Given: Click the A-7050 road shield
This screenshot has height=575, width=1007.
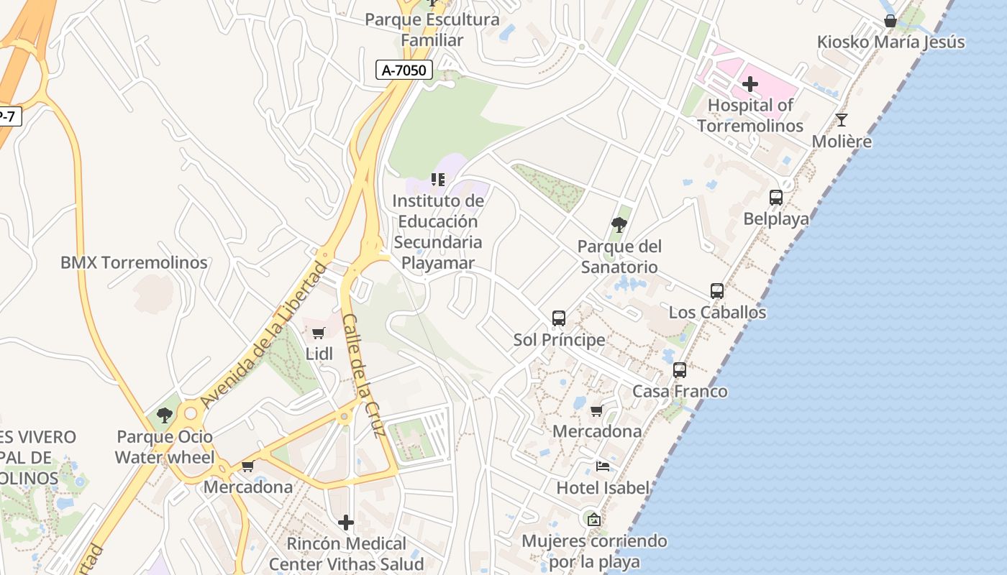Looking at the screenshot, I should coord(404,70).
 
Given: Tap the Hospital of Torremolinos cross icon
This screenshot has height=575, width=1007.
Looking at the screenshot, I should coord(749,85).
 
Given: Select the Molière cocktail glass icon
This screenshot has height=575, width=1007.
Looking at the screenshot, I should coord(841,120).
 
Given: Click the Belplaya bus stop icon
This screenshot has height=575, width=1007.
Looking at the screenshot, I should coord(775,198).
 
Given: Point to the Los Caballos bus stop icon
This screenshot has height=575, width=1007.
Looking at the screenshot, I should coord(717,291).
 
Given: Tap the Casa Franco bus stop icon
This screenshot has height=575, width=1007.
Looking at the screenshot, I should coord(680,370).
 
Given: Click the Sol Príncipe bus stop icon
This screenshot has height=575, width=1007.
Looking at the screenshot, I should coord(559,318).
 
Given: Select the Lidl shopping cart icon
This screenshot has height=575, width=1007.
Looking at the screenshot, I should coord(319,333).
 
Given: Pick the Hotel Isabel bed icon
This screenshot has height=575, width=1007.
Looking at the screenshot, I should coord(603,466).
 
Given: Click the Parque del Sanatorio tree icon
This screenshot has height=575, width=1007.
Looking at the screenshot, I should coord(619,225).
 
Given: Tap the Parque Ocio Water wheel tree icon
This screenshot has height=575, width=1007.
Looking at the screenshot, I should coord(165,415).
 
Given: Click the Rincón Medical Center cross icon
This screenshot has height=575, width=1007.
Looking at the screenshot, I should coord(346,523).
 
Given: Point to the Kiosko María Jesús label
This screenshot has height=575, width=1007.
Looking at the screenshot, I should coord(890,42).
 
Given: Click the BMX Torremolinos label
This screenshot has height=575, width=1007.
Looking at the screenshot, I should coord(134,262).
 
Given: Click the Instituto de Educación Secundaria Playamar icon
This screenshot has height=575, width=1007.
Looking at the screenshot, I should coord(437,180).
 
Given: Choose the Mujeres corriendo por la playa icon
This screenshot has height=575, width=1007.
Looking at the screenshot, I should coord(594,520).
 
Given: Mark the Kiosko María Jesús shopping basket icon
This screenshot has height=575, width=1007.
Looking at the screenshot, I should coord(890,21).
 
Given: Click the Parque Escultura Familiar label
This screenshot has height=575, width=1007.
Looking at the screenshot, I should coord(432,29).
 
